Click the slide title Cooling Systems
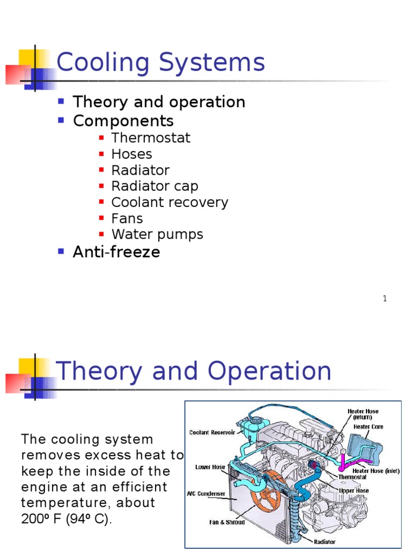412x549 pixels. click(x=160, y=63)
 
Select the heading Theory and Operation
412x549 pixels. click(x=193, y=371)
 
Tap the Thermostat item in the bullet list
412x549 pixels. click(x=151, y=138)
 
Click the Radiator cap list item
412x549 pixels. click(x=154, y=186)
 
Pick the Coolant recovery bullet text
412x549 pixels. click(x=170, y=202)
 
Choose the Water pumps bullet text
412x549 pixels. click(x=157, y=234)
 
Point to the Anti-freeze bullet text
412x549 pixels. click(x=116, y=252)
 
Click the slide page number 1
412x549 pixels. click(x=385, y=299)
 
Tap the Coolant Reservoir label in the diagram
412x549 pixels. click(x=212, y=432)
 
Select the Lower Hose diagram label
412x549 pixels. click(x=210, y=467)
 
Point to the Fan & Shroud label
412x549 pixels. click(x=227, y=522)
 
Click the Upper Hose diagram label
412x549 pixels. click(x=354, y=490)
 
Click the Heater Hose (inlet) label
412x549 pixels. click(x=376, y=471)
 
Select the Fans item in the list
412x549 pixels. click(x=127, y=218)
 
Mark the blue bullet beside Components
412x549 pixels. click(x=61, y=120)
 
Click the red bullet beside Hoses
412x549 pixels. click(x=101, y=154)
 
